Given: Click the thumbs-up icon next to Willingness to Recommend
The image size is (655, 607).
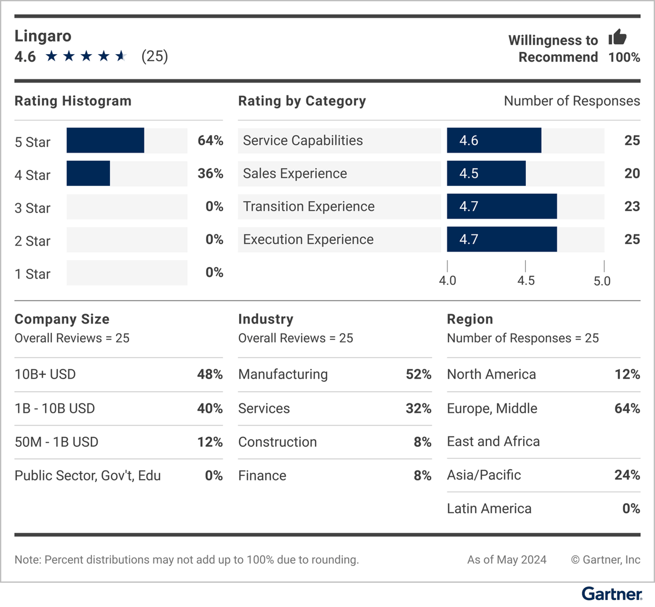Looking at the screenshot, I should [x=618, y=38].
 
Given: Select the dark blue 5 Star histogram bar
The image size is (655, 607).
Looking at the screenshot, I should [x=105, y=140].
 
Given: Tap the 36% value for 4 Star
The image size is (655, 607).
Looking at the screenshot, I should [x=210, y=174].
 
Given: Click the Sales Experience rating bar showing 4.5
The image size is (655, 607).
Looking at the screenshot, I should [x=486, y=173].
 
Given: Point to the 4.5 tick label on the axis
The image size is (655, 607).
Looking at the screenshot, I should [x=525, y=281].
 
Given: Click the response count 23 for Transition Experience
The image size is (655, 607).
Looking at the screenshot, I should [x=632, y=207].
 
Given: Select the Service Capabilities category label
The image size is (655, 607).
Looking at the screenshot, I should [x=303, y=140].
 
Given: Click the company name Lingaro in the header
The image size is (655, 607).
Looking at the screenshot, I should [x=43, y=36].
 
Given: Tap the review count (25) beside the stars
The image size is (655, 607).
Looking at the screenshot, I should [x=154, y=56].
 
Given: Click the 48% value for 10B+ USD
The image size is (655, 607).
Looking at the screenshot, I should [x=210, y=374].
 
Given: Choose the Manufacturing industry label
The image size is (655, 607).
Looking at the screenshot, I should [x=283, y=374].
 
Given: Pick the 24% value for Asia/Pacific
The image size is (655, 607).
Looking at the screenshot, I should [x=627, y=475].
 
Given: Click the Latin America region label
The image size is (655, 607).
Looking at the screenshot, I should [x=489, y=509].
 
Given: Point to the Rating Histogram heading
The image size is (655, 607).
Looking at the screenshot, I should [x=73, y=101].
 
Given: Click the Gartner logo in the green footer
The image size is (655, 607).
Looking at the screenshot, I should [x=612, y=594].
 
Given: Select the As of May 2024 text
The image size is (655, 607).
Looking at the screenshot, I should [x=506, y=559].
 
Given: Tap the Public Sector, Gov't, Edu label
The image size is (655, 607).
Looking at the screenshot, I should [x=88, y=475].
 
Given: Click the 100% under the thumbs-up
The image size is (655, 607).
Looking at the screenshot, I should [x=624, y=57].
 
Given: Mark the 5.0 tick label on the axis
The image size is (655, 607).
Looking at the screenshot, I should [x=602, y=281].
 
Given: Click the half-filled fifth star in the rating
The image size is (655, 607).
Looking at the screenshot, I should [x=121, y=56].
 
